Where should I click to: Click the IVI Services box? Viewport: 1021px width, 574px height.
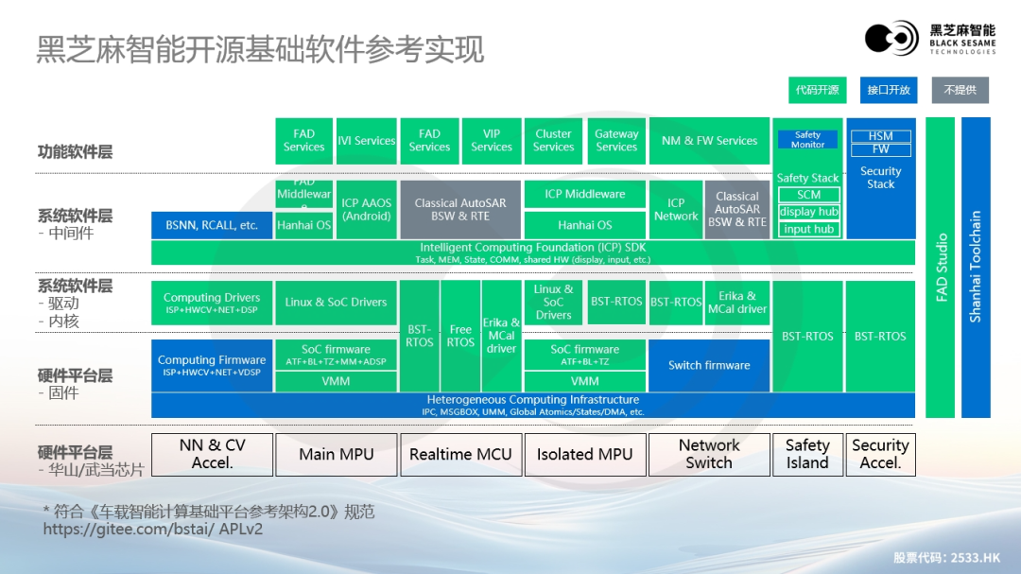coord(367,141)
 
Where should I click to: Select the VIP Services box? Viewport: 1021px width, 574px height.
coord(492,141)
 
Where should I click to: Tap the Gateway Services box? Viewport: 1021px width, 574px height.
coord(616,141)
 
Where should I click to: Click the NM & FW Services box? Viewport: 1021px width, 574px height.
coord(709,141)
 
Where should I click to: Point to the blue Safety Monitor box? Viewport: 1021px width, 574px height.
coord(807,139)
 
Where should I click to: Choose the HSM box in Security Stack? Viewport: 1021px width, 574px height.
coord(880,136)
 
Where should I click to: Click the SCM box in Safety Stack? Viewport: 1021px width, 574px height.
coord(809,195)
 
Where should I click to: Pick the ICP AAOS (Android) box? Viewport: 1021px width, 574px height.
coord(367,209)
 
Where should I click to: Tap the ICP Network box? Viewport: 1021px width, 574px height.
coord(676,209)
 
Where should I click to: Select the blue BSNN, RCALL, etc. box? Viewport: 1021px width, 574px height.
coord(212,225)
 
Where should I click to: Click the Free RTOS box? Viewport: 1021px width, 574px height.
coord(460,336)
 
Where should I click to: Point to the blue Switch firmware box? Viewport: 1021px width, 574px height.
coord(709,365)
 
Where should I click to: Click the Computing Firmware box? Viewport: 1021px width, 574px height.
coord(212,365)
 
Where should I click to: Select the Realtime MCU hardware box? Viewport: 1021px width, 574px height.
coord(460,454)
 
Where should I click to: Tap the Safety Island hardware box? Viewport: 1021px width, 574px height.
coord(807,454)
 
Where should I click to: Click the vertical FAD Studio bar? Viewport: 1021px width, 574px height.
coord(942,267)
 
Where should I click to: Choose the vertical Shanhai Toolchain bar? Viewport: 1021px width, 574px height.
coord(976,267)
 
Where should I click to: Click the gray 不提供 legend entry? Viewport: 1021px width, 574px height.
coord(960,90)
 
